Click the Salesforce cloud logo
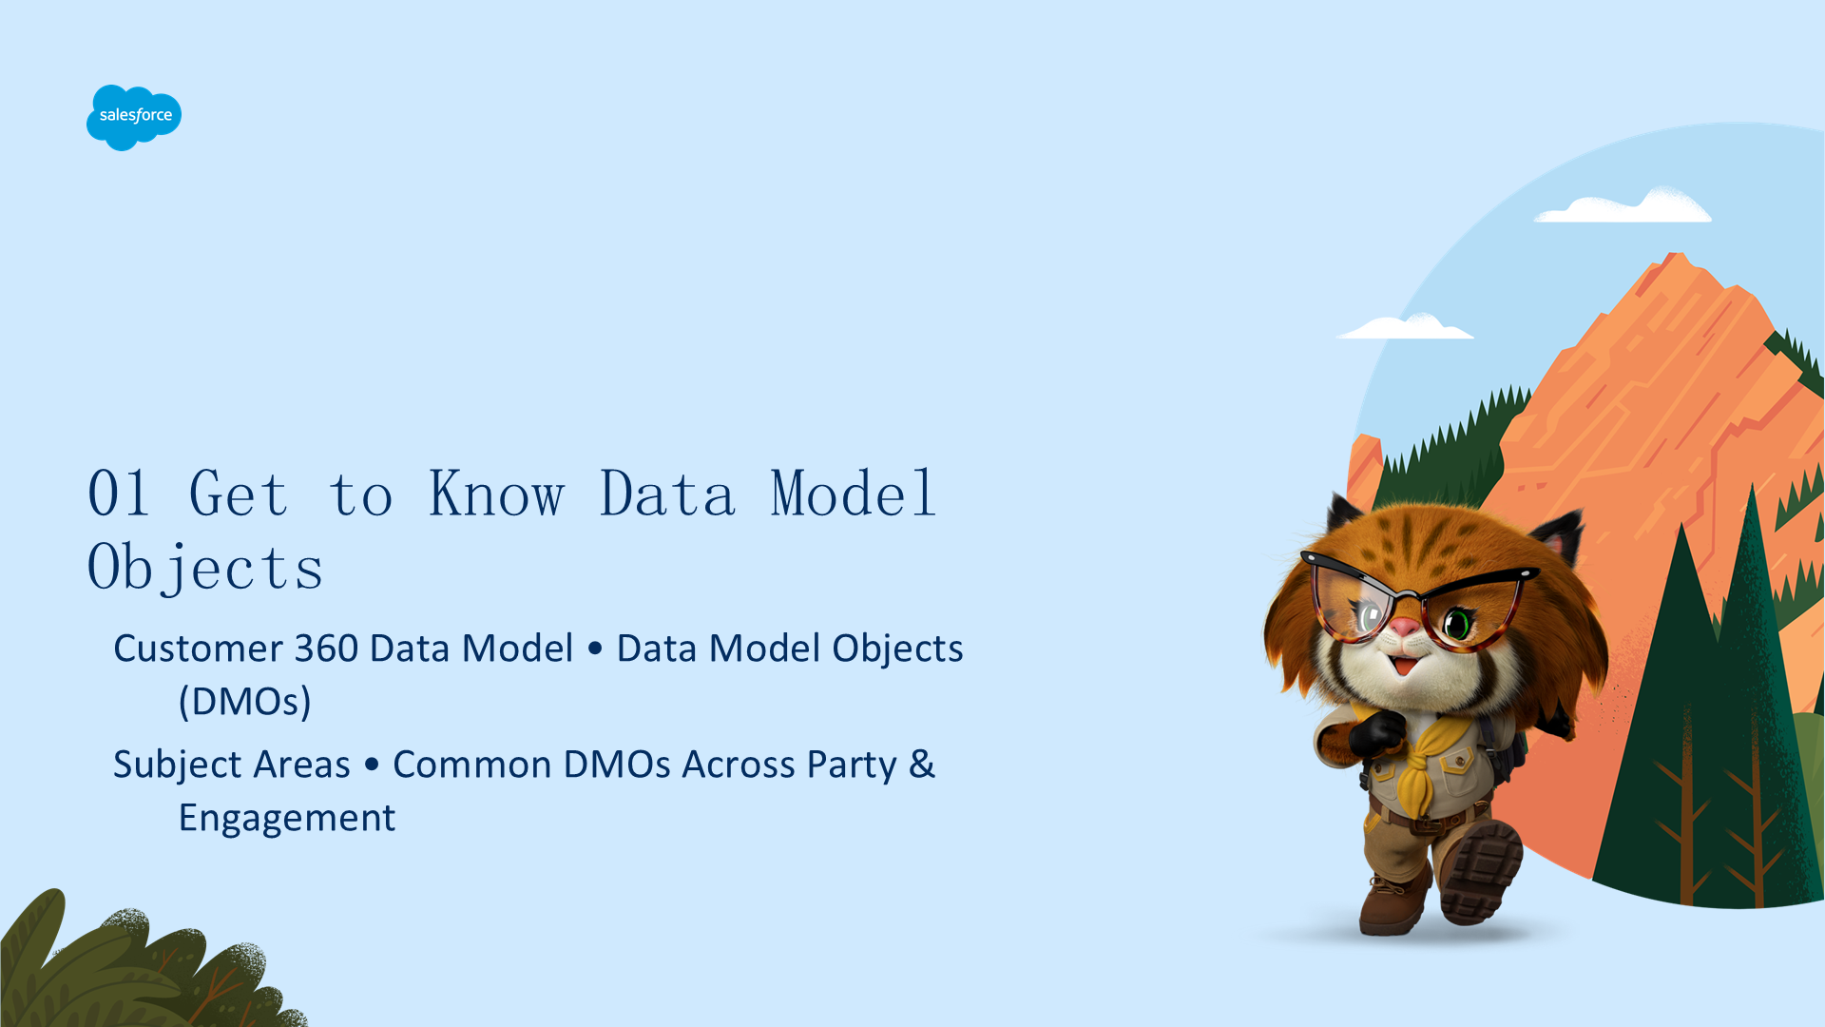coord(134,117)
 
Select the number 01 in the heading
coord(119,494)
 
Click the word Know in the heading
coord(497,494)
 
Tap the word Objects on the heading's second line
coord(205,568)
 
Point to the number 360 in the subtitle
coord(326,649)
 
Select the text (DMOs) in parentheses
coord(245,702)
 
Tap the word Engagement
coord(287,819)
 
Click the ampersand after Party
coord(922,764)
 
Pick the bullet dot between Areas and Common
coord(372,765)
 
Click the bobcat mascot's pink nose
coord(1404,628)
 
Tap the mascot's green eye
coord(1457,624)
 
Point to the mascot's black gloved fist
coord(1376,731)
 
